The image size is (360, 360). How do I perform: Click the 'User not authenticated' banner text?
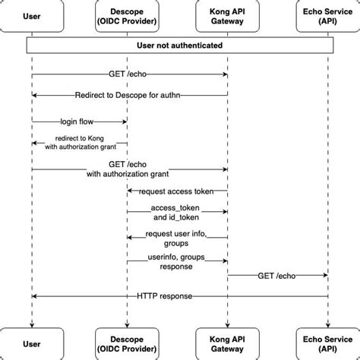click(x=179, y=46)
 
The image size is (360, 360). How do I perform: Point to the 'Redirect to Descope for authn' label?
click(x=128, y=95)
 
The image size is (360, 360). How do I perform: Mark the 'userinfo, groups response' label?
click(x=176, y=261)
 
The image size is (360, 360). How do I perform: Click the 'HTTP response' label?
click(x=165, y=295)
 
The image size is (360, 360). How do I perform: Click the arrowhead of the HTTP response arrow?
click(x=35, y=295)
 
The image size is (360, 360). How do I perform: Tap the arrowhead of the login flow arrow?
click(x=124, y=121)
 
